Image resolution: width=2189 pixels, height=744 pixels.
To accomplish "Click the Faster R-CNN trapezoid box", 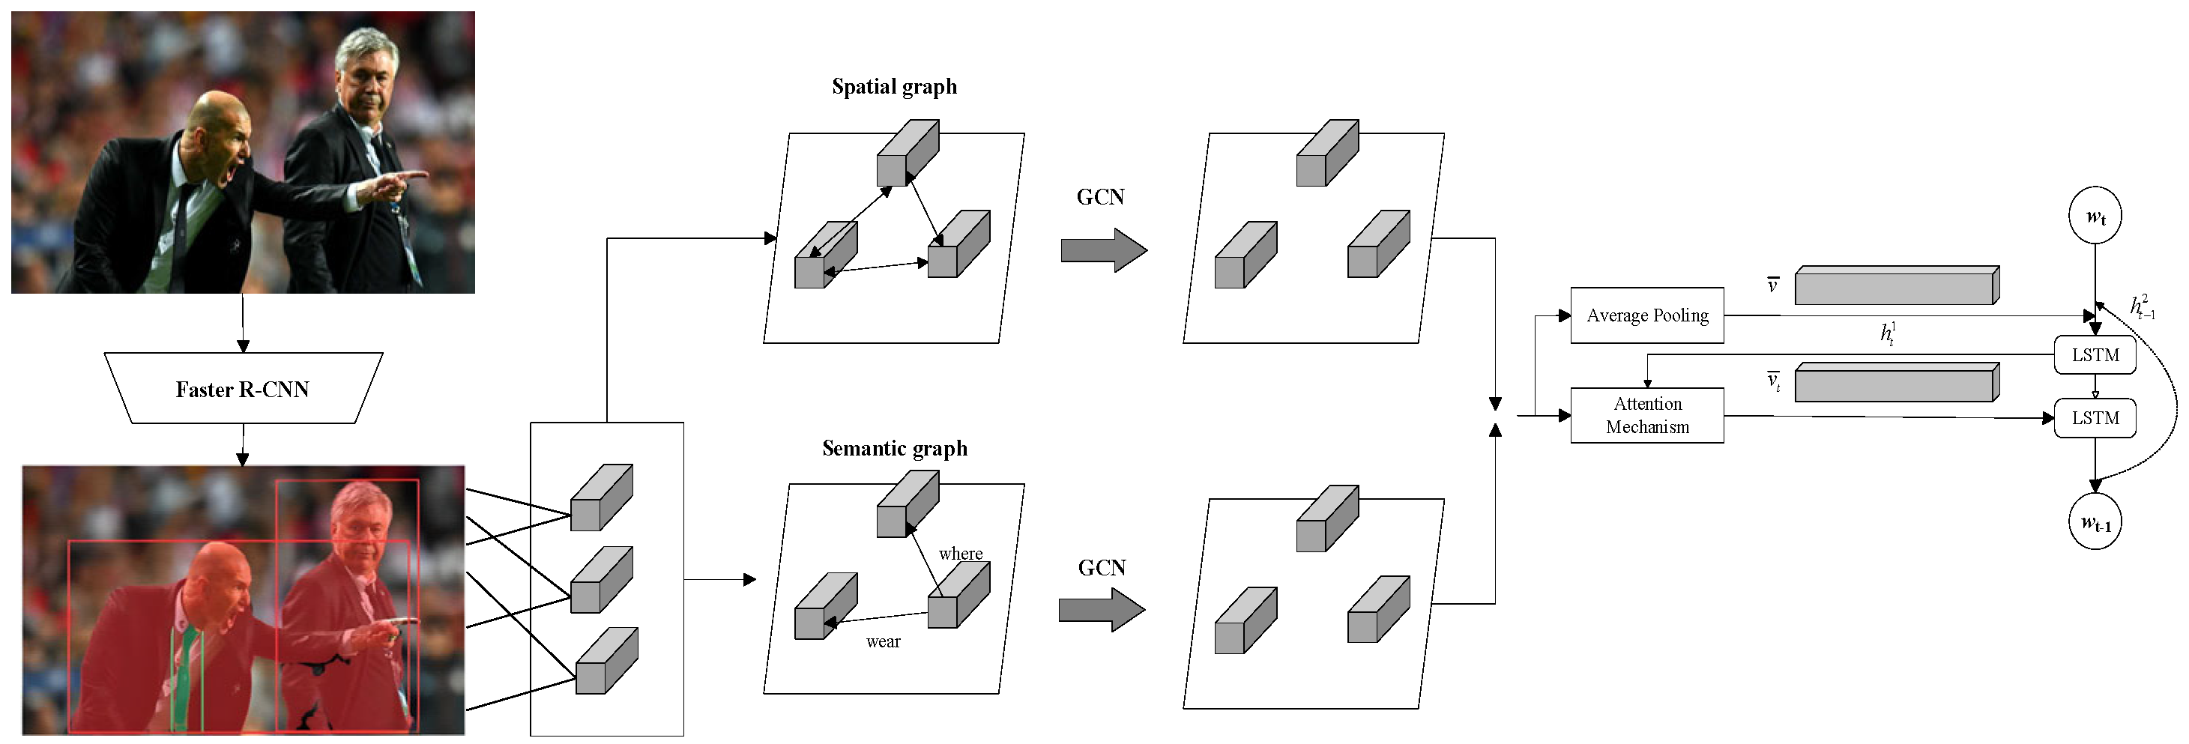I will click(x=243, y=388).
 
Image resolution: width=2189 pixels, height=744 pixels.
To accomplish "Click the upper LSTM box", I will click(x=2094, y=355).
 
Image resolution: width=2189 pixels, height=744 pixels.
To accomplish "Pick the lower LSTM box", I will click(x=2094, y=418).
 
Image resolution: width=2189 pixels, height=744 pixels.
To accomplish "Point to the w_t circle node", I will click(x=2094, y=217).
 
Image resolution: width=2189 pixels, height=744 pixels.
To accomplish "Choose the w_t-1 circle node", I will click(x=2094, y=523).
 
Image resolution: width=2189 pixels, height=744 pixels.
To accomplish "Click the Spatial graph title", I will click(x=894, y=87).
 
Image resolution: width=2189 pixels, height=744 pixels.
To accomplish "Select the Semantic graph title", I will click(x=894, y=449).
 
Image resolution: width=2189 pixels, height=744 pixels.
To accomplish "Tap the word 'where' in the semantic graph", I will click(x=960, y=554).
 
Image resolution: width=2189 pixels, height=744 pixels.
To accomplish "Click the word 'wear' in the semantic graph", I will click(x=883, y=642).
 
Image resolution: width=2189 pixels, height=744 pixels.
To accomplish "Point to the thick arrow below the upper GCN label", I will click(x=1103, y=250).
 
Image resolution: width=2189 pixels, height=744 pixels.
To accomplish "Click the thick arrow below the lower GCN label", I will click(x=1102, y=610).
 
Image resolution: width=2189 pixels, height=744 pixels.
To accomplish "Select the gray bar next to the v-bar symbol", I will click(x=1896, y=286).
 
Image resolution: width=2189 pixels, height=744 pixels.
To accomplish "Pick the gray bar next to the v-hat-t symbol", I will click(x=1896, y=383).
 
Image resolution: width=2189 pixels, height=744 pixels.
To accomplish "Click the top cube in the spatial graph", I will click(x=907, y=154).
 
